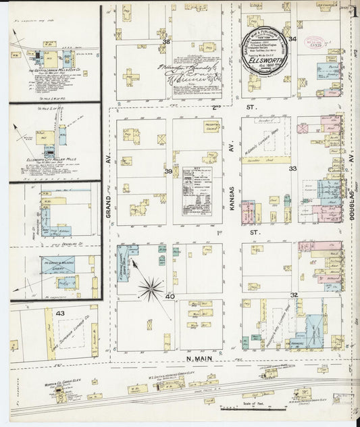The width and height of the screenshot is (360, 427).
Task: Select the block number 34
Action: [x=292, y=39]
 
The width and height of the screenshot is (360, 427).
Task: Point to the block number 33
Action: [x=292, y=168]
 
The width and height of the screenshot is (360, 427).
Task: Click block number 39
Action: [x=168, y=172]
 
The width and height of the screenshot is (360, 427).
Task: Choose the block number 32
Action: [x=294, y=295]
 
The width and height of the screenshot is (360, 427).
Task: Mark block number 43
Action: [x=60, y=313]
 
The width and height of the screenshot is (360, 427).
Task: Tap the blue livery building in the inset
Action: [x=58, y=265]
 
